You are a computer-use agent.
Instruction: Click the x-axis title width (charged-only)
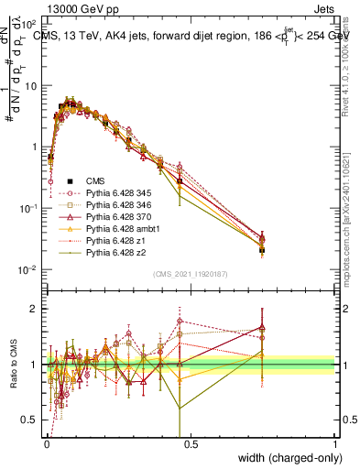(x=285, y=455)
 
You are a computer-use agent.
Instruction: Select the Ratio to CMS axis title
(x=12, y=365)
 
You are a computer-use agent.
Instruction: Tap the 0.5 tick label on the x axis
(x=191, y=442)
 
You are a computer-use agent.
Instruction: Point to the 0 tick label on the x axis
(x=46, y=442)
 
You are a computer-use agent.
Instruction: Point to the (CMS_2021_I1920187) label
(x=191, y=274)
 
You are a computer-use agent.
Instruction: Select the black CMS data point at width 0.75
(x=262, y=249)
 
